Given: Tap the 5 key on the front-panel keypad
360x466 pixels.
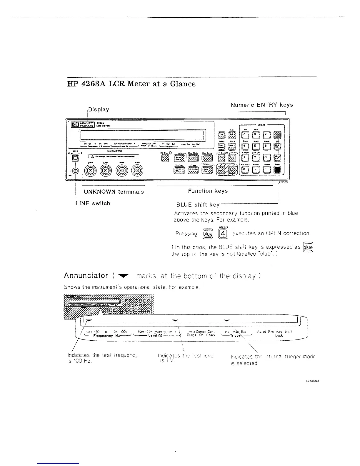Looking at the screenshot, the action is (x=256, y=146).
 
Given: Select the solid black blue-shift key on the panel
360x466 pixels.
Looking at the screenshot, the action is (x=277, y=170).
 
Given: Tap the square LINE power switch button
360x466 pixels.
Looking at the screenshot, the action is (x=76, y=158).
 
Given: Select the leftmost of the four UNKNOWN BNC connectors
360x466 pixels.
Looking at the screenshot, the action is (x=90, y=170).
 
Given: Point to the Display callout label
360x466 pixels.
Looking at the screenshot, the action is (x=99, y=109).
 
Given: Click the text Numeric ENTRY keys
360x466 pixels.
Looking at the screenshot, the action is (x=261, y=105).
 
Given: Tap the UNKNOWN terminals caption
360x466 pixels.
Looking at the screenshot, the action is (x=114, y=192).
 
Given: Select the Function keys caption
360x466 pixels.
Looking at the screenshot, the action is (x=208, y=191).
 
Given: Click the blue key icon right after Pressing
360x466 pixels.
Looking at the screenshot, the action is (x=208, y=234).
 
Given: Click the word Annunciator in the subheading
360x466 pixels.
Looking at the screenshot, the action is (x=86, y=276).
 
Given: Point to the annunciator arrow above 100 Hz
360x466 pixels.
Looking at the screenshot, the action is (x=89, y=320).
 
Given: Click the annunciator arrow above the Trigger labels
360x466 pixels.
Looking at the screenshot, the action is (x=227, y=320).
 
